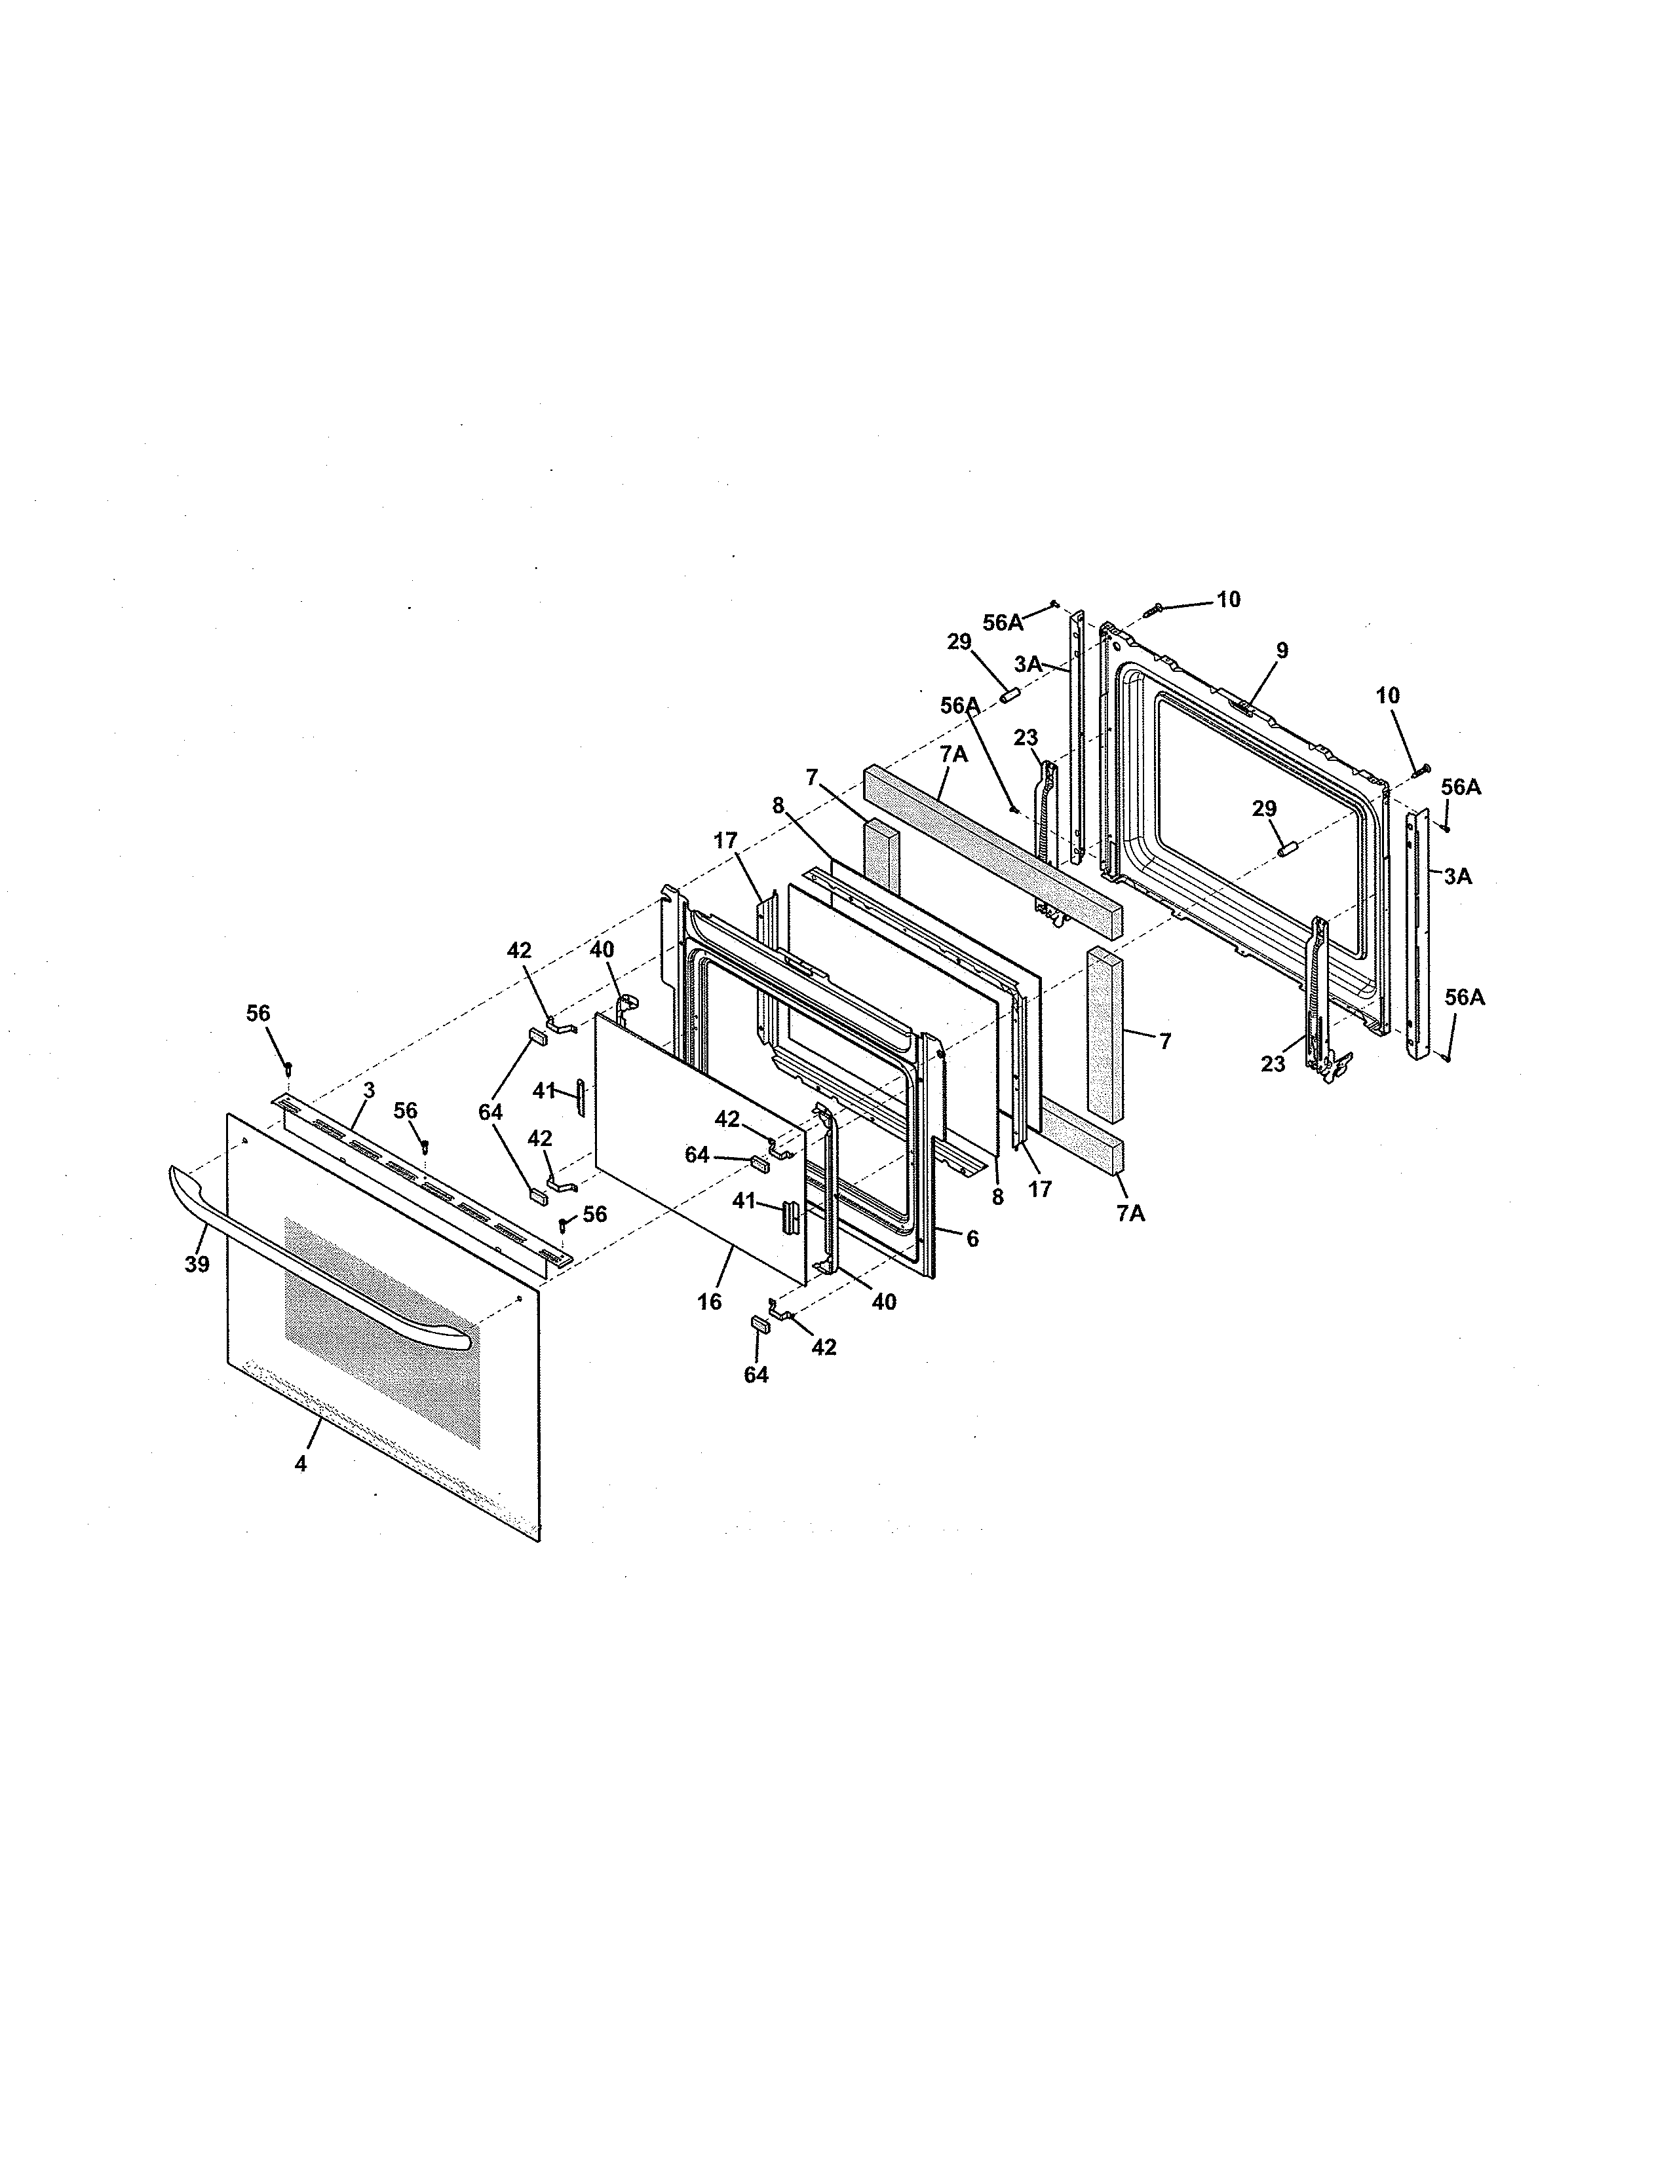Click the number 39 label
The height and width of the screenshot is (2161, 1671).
pyautogui.click(x=197, y=1264)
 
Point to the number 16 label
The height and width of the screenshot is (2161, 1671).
pyautogui.click(x=709, y=1302)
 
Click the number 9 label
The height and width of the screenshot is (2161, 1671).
pyautogui.click(x=1282, y=650)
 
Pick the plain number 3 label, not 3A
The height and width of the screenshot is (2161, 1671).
pyautogui.click(x=368, y=1090)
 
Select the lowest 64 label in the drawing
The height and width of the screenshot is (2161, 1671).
pyautogui.click(x=756, y=1375)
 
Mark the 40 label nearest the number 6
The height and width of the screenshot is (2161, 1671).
pyautogui.click(x=883, y=1302)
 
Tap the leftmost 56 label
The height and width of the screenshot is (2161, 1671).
pyautogui.click(x=258, y=1013)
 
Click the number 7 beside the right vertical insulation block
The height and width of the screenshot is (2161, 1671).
pyautogui.click(x=1164, y=1041)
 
